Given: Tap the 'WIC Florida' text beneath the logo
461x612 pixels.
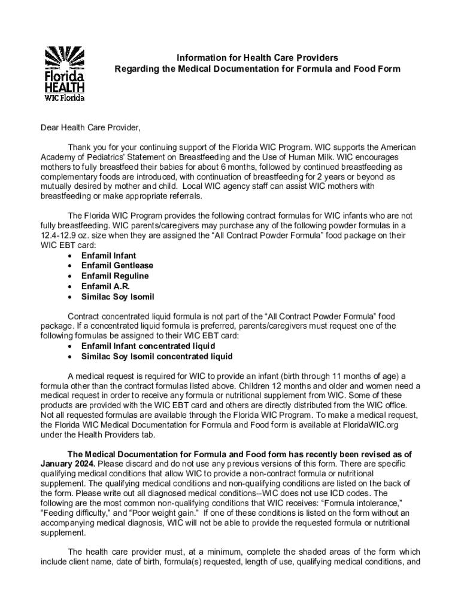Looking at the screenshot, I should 65,97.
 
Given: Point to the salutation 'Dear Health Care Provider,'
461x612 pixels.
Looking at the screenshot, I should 90,128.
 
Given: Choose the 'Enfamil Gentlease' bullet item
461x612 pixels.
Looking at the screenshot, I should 117,265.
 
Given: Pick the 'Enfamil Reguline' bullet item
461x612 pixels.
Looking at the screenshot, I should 115,276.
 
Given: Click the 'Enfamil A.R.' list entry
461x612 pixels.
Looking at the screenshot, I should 105,286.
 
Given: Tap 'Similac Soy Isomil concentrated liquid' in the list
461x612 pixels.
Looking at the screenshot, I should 157,357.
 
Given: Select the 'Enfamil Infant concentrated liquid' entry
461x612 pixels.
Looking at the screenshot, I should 148,346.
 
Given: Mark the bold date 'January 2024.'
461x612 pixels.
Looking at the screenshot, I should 67,464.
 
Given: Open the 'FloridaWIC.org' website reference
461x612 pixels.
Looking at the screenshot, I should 371,424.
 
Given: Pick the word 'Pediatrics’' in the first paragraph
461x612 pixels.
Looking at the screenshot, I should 105,157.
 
